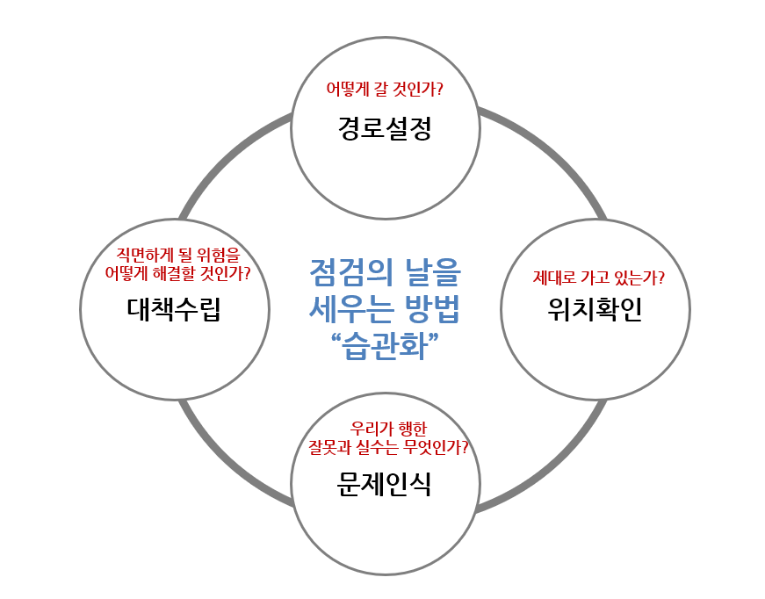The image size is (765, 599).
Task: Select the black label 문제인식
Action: [385, 484]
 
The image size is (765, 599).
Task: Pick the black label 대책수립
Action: [173, 309]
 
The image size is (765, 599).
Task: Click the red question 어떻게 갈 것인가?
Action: [385, 90]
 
